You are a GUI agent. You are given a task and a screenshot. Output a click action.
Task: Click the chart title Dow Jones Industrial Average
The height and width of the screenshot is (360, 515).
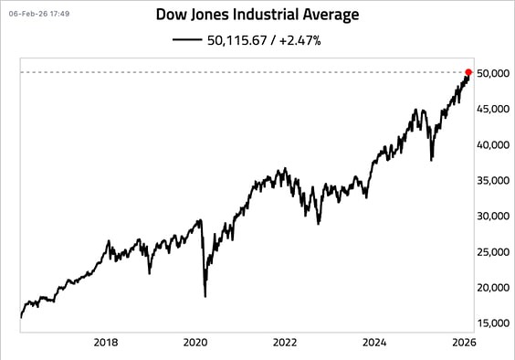pos(258,16)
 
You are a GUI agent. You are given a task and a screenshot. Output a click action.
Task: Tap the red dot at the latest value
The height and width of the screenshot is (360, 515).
pos(469,72)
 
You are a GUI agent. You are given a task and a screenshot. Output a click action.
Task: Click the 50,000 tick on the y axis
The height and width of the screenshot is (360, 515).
pos(493,73)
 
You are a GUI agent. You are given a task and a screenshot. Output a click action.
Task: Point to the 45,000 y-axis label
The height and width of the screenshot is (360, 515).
pos(493,109)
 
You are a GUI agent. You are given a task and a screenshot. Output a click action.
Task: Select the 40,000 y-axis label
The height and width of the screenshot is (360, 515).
pos(493,144)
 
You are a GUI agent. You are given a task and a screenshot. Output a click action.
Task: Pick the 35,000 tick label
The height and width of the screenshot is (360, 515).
pos(493,180)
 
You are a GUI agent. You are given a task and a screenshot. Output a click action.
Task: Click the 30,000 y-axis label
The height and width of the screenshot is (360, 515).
pos(493,216)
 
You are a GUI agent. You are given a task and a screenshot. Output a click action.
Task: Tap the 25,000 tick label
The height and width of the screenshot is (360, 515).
pos(493,251)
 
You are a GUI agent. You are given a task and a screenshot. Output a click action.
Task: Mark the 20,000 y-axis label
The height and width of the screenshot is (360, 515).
pos(493,287)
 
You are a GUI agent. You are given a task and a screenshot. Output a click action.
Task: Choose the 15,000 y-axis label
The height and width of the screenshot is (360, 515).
pos(493,323)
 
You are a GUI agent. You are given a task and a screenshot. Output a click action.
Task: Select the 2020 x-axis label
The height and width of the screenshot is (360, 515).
pos(195,343)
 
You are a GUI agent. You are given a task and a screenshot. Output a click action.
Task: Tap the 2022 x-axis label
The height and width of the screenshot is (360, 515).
pos(285,343)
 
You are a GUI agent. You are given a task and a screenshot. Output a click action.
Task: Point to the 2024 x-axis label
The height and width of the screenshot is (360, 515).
pos(374,343)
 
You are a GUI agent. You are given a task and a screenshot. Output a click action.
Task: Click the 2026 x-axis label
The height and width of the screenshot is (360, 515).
pos(463,343)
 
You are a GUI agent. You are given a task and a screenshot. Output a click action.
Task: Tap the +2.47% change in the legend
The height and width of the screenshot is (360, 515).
pos(301,40)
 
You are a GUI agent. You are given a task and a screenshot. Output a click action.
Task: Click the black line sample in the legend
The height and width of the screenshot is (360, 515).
pos(185,40)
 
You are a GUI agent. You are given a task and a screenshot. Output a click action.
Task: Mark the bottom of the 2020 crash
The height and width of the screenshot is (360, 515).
pos(205,295)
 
